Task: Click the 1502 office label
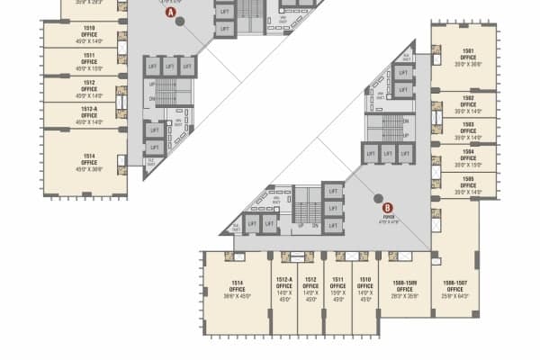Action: tap(468, 103)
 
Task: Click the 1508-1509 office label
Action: tap(404, 287)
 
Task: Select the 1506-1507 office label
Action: tap(454, 287)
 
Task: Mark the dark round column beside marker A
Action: tap(179, 22)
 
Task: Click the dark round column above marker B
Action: tap(377, 181)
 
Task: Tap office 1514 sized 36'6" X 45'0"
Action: tap(237, 287)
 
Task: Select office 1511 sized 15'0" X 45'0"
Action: tap(337, 287)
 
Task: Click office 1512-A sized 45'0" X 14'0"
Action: tap(89, 115)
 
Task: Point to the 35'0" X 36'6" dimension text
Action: tap(468, 64)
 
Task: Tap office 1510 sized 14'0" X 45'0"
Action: tap(364, 287)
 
